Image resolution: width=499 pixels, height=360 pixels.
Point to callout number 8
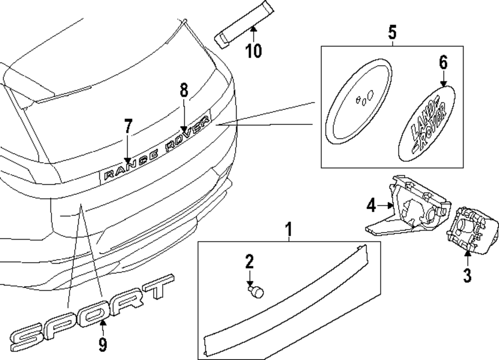point(184,91)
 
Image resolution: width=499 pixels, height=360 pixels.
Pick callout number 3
point(467,275)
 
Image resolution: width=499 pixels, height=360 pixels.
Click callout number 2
point(249,262)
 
